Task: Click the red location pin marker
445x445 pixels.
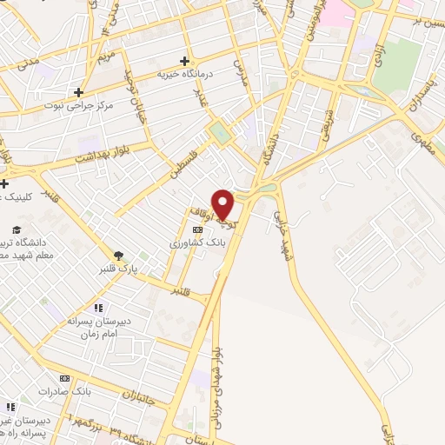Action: click(223, 203)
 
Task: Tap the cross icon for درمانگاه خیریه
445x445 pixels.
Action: click(184, 61)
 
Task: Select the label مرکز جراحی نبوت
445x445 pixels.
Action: click(82, 105)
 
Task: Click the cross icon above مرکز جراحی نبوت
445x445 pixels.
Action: click(78, 91)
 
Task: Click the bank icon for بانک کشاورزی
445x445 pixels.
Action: click(198, 230)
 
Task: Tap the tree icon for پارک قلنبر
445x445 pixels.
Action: click(118, 256)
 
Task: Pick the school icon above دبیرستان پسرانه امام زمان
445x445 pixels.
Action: click(98, 307)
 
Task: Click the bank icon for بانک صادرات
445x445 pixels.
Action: click(63, 378)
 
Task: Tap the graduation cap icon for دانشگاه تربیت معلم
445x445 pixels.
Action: click(12, 230)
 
